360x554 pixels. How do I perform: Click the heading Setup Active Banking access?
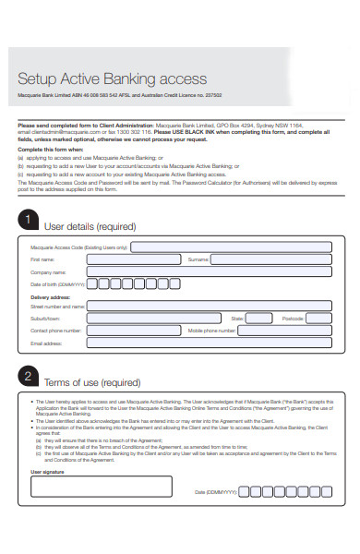pos(113,79)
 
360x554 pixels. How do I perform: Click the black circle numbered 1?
pos(29,220)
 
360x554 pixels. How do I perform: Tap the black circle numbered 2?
pos(29,378)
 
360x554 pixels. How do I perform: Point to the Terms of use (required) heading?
pos(92,383)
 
